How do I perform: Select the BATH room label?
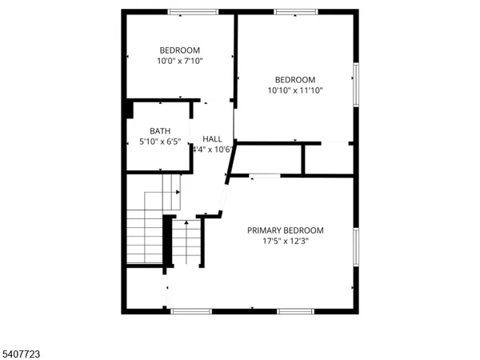160,131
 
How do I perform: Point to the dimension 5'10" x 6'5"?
160,142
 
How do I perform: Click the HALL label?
212,138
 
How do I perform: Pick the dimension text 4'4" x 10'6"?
212,149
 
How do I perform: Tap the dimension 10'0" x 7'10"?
179,60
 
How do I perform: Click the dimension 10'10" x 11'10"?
295,90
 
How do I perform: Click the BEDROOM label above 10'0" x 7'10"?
179,50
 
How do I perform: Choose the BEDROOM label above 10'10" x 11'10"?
295,79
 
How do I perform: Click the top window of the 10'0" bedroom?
193,12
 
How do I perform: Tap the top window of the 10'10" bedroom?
296,12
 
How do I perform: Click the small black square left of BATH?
128,110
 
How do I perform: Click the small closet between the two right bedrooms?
328,158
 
